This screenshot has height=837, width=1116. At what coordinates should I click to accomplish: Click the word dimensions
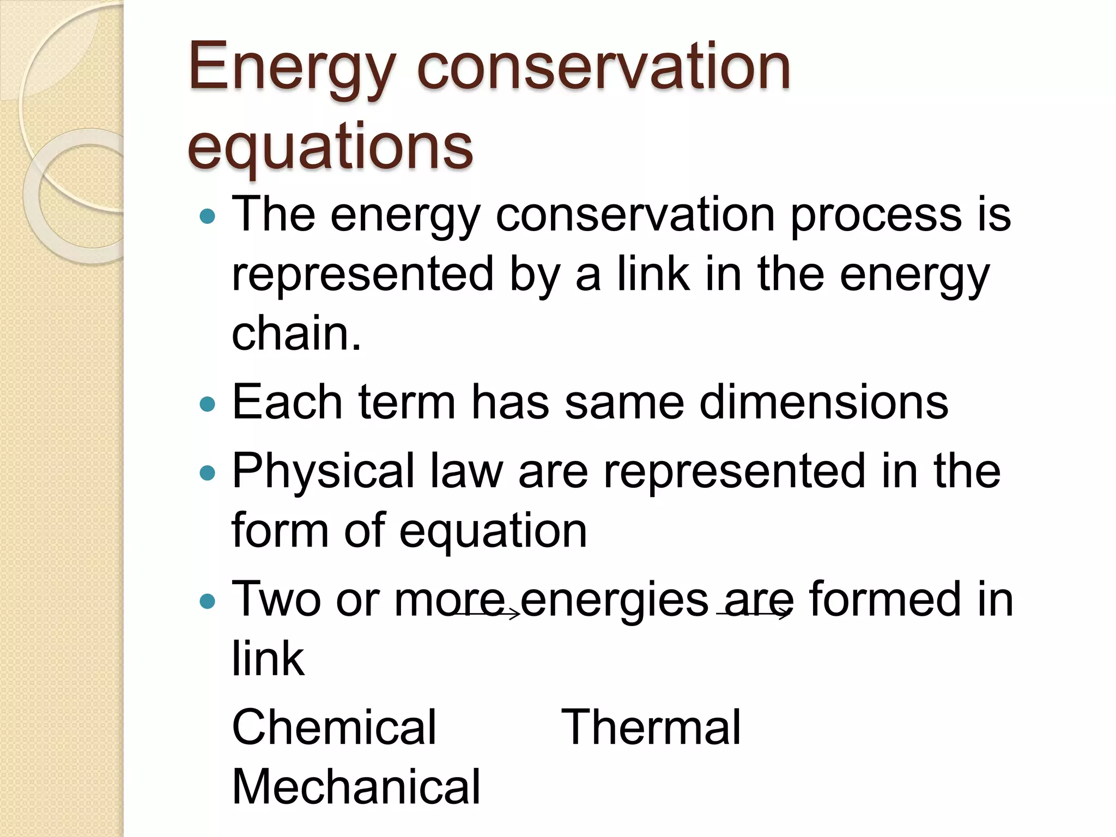coord(824,402)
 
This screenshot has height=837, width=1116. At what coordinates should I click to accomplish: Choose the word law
coord(466,471)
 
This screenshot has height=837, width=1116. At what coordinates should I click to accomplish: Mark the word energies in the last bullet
coord(615,599)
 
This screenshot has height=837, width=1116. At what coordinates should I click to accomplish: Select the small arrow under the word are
coord(754,614)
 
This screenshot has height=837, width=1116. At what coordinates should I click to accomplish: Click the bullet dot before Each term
coord(208,404)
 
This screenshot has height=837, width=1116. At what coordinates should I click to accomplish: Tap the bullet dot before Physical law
coord(208,472)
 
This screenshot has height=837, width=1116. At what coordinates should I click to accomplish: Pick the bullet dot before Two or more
coord(208,601)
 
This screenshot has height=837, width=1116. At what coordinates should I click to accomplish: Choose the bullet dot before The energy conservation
coord(208,217)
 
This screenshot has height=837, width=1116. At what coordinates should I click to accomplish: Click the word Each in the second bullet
coord(287,402)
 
